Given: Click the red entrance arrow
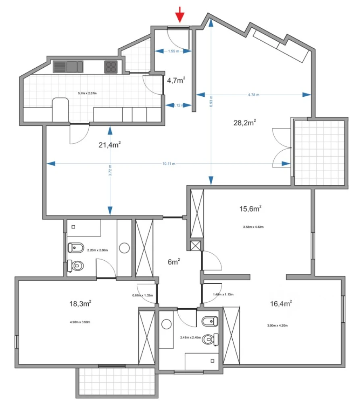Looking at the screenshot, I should (180, 16).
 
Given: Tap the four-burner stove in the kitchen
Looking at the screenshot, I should (111, 66).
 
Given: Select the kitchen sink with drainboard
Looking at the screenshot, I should (68, 66).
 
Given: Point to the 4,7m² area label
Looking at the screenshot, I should (176, 80).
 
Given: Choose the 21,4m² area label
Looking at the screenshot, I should (110, 145).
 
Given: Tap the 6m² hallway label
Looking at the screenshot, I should (173, 262).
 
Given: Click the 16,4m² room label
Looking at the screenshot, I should (281, 304).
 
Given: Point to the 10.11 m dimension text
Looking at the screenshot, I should (169, 164).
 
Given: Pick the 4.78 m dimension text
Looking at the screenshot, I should (253, 95).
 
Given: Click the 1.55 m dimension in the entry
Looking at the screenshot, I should (173, 51).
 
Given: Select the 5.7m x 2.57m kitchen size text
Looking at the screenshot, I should (87, 93).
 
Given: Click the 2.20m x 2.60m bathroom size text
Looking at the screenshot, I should (97, 250).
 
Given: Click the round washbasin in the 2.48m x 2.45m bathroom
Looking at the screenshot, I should (167, 324).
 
